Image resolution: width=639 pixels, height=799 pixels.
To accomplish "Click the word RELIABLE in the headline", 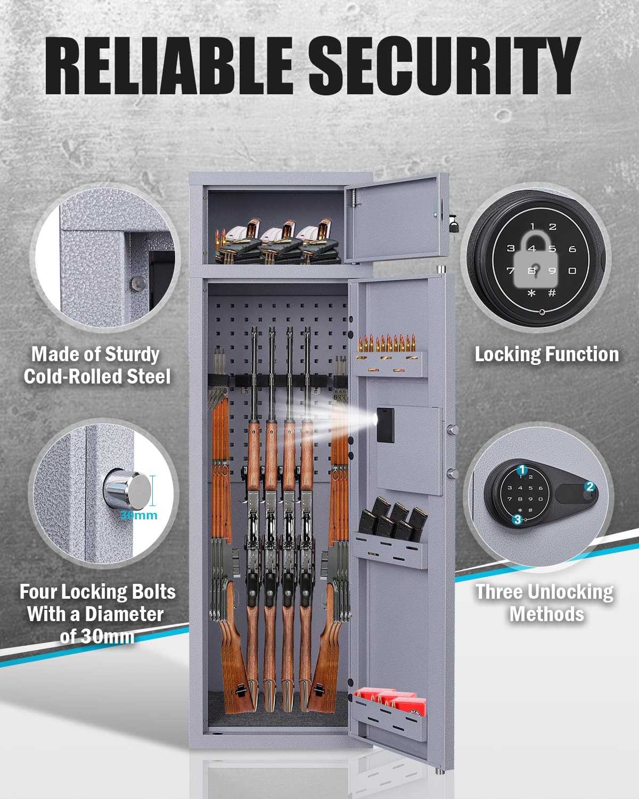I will click(169, 66).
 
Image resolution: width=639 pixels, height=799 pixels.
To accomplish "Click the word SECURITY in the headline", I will click(444, 66).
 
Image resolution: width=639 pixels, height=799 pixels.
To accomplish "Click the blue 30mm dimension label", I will click(138, 515).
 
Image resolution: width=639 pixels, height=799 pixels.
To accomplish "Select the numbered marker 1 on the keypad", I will click(522, 470).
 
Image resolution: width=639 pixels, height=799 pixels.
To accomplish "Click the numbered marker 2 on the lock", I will click(589, 487).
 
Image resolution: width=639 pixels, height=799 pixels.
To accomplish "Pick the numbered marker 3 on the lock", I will click(517, 520).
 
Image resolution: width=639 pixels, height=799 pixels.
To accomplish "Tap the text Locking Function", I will click(546, 355).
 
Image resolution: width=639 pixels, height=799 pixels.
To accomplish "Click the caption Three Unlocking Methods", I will click(545, 603).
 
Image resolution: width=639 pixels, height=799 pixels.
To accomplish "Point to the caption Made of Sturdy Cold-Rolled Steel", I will click(97, 365).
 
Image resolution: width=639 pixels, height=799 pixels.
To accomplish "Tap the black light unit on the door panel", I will click(385, 425).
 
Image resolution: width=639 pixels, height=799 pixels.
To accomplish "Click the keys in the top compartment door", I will click(453, 223).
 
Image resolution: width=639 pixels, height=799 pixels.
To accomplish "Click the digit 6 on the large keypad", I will click(572, 249).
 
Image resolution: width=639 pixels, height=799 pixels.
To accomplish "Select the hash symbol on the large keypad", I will click(552, 293).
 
